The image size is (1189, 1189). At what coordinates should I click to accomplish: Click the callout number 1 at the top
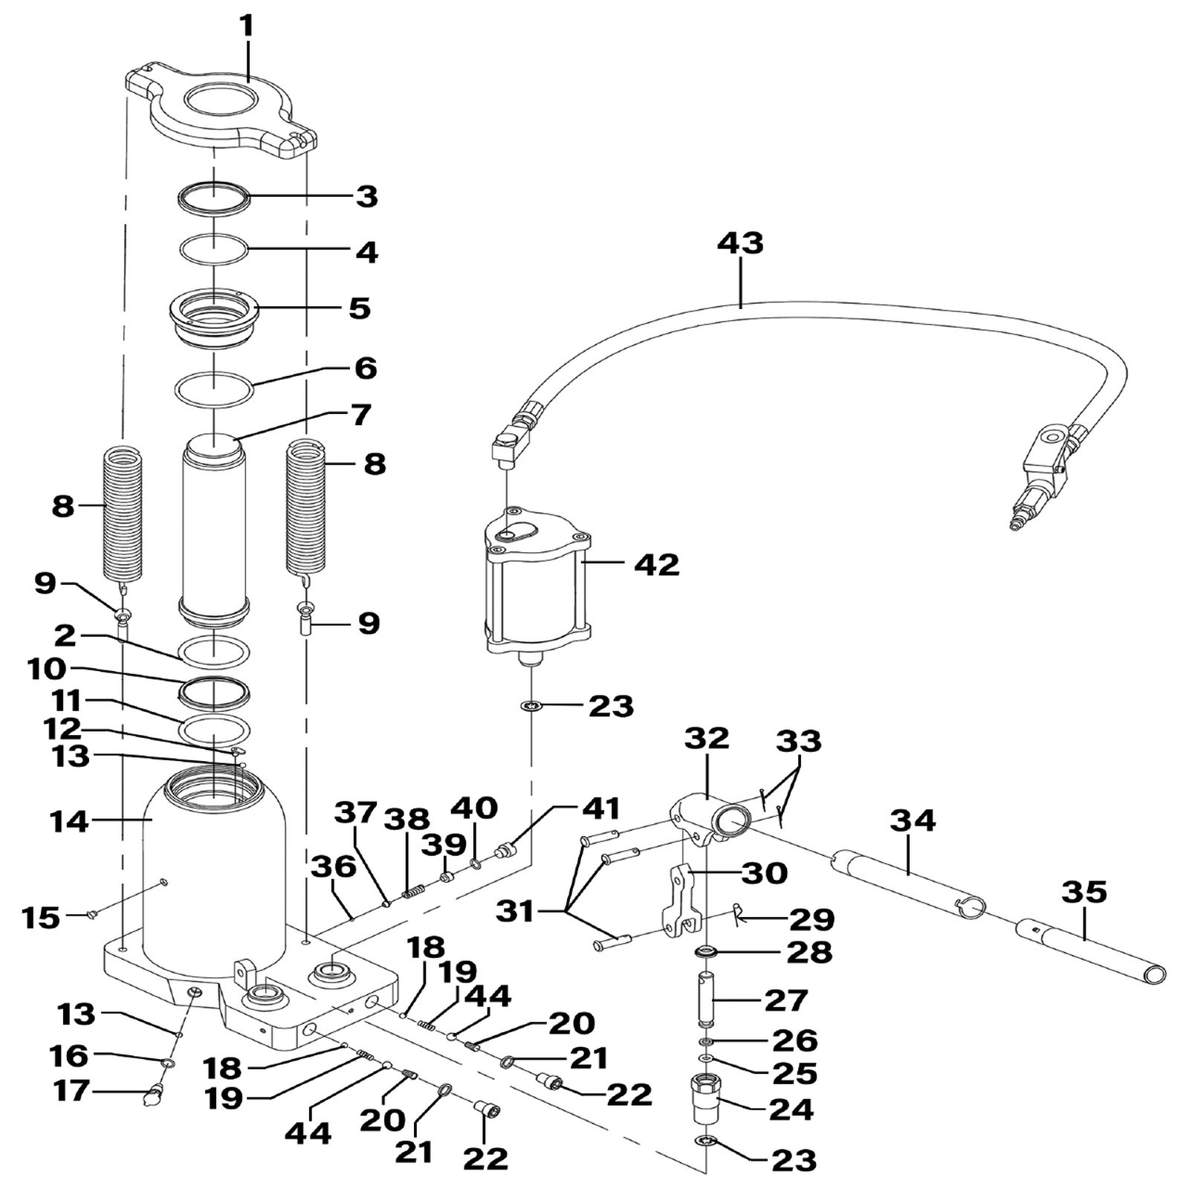point(247,26)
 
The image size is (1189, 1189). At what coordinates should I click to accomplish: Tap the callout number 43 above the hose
point(740,244)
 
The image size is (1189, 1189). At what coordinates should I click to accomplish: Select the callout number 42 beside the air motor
point(657,565)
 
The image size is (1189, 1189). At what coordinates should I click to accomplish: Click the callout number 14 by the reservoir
point(69,822)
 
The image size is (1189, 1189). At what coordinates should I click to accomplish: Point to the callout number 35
point(1085,892)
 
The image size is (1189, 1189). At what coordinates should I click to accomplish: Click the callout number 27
point(785,1000)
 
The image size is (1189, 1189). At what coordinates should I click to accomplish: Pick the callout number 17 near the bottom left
point(72,1091)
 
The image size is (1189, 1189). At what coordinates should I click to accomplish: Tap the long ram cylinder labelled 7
point(213,531)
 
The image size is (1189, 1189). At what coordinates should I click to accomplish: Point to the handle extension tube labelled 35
point(1090,950)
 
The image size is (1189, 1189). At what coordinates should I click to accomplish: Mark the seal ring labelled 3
point(213,200)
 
